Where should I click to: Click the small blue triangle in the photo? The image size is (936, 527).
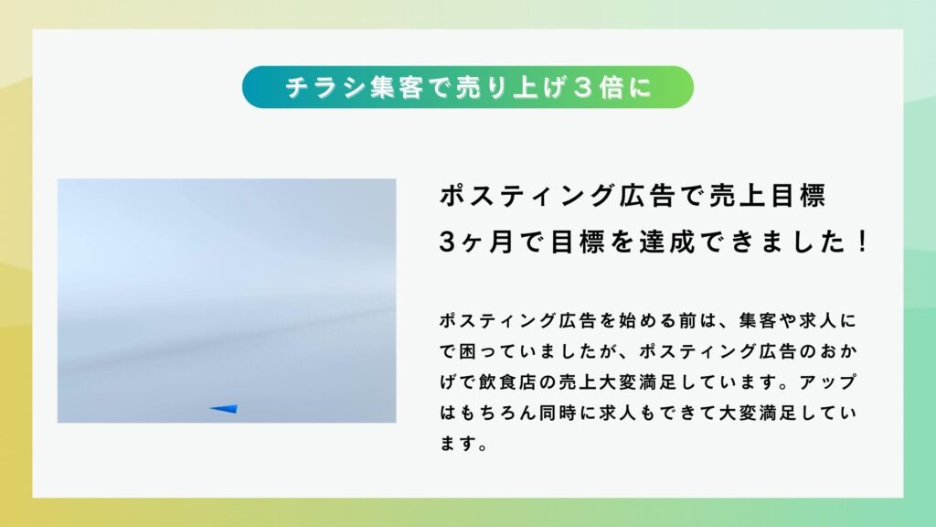[x=225, y=409]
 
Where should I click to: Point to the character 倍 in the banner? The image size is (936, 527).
[x=612, y=88]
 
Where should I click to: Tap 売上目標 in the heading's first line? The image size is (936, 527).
[x=767, y=196]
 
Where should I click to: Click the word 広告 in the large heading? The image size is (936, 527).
[x=647, y=196]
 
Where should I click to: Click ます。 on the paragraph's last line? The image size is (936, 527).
[x=463, y=444]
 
